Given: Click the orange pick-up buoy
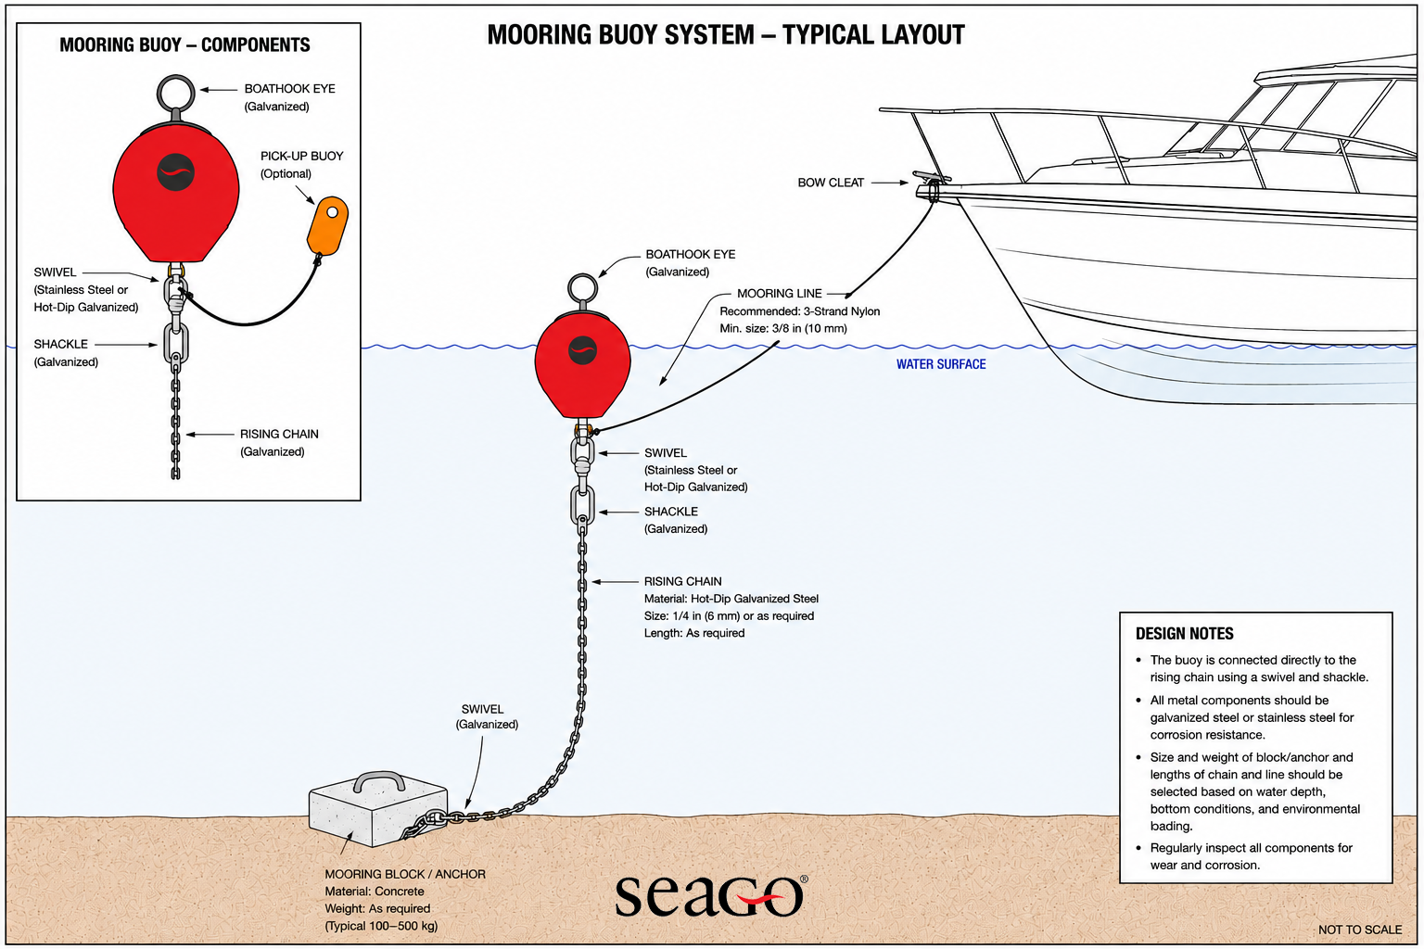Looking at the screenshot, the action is coord(327,225).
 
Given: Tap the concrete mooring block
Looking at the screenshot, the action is coord(378,816).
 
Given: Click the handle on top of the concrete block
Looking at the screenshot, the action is coord(379,781).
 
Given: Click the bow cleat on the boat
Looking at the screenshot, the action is coord(932,179).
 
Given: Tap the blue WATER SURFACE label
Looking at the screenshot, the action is coord(941,364).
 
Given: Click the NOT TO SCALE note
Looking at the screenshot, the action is coord(1360,930).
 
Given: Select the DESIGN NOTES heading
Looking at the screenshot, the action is coord(1184,634).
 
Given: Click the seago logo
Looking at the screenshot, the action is coord(711,895).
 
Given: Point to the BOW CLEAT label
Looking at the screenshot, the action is coord(831,183).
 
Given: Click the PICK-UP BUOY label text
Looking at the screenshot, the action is coord(301,156).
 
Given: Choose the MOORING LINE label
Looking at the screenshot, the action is coord(780,294).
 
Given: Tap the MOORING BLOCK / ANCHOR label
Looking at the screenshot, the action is coord(405,874).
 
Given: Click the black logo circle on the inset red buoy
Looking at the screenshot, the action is coord(175,172).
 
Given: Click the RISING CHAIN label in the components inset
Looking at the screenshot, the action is coord(279,434).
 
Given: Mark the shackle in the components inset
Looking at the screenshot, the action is coord(175,343).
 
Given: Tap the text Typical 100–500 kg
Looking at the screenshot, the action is coord(381,926).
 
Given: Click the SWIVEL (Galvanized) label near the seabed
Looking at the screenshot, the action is coord(487,716).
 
